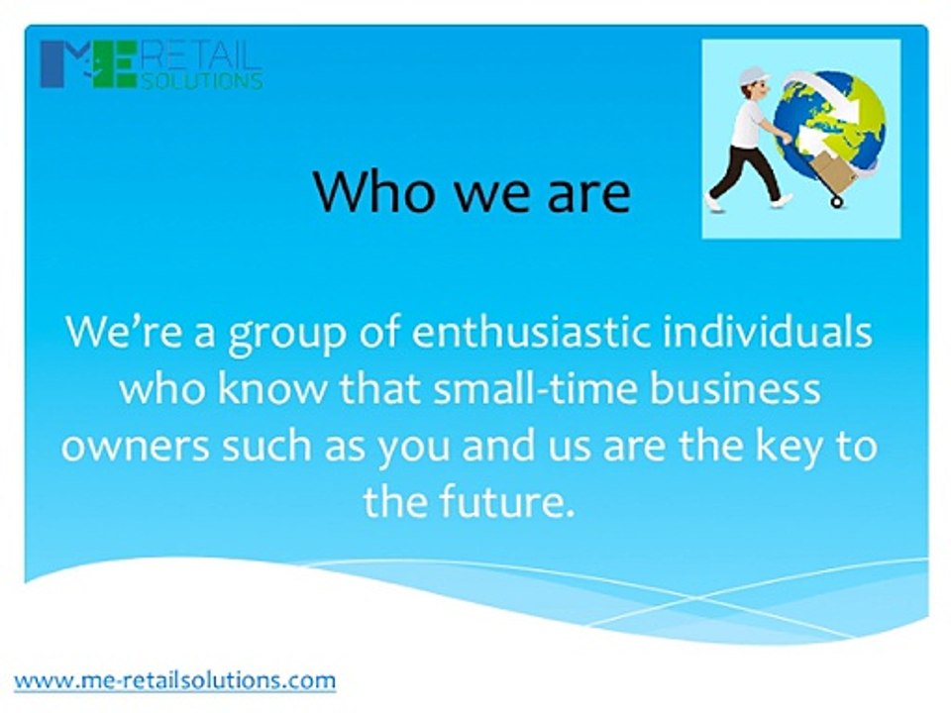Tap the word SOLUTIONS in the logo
(203, 81)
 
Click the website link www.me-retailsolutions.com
(174, 680)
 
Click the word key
(789, 446)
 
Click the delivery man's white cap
(752, 74)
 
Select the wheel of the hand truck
(837, 201)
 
